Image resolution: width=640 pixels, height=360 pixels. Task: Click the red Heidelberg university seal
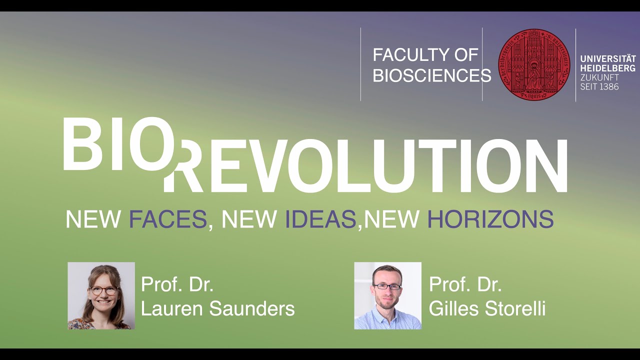tap(534, 64)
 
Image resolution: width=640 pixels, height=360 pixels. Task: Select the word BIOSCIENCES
tap(432, 75)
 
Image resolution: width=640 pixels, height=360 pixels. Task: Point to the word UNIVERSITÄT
tap(608, 59)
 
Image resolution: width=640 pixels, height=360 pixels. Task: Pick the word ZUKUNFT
tap(599, 77)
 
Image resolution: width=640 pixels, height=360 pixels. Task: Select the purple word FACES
tap(168, 219)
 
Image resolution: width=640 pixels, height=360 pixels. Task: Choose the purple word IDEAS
tap(320, 219)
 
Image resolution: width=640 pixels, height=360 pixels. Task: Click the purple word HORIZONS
tap(490, 219)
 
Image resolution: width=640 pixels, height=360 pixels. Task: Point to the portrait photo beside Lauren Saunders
tap(101, 295)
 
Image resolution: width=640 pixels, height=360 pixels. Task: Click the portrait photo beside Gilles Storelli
tap(387, 295)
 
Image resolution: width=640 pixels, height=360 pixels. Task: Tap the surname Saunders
tap(252, 309)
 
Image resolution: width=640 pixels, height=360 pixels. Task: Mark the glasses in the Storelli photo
tap(387, 286)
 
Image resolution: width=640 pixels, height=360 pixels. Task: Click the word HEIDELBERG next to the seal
tap(608, 68)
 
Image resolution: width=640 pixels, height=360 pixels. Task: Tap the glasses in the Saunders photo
tap(103, 290)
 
